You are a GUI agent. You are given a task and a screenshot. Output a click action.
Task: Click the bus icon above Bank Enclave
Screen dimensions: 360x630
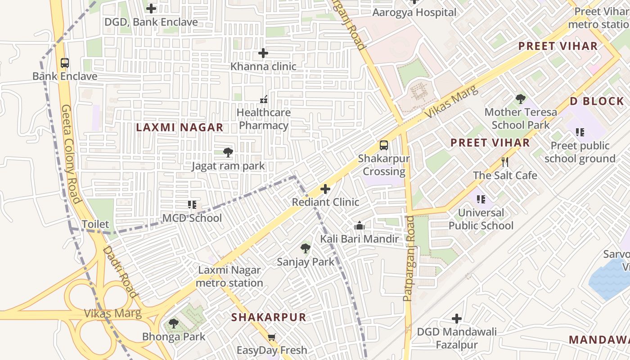click(x=65, y=63)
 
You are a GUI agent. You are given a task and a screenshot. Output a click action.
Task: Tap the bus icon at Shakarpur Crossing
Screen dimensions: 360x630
click(x=383, y=145)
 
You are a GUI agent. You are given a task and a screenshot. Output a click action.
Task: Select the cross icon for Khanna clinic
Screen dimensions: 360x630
click(x=263, y=54)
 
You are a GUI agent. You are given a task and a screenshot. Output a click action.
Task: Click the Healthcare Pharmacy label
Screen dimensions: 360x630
click(x=264, y=119)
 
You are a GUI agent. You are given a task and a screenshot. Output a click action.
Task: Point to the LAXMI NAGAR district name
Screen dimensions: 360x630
click(x=180, y=127)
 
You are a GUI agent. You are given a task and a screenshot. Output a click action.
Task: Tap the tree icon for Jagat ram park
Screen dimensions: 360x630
click(x=228, y=153)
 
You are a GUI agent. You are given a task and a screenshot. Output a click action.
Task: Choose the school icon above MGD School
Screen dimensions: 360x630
click(x=192, y=205)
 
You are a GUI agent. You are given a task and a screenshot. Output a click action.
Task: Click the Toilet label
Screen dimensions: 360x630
click(x=95, y=224)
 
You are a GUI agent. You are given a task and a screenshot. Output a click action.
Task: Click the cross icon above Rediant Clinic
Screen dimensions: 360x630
click(x=325, y=189)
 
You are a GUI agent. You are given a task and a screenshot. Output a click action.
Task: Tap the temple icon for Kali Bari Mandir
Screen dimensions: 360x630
click(x=359, y=225)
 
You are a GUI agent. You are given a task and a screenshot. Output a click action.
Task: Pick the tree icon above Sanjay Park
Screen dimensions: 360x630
click(x=306, y=248)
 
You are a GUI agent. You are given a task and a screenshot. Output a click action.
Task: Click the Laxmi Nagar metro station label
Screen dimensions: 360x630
click(x=229, y=277)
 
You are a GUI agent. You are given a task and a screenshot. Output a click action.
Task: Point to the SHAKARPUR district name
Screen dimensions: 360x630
click(x=269, y=317)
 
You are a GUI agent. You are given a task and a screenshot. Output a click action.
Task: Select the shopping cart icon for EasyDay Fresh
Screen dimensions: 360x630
click(x=272, y=337)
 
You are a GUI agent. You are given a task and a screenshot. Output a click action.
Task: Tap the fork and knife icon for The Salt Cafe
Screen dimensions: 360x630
click(x=505, y=162)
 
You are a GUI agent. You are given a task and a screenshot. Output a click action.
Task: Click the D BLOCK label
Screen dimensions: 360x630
click(x=597, y=101)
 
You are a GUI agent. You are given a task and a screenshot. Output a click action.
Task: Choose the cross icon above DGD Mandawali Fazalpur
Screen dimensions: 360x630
click(x=457, y=319)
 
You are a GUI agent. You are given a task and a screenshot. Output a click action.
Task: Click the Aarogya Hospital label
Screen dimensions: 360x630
click(x=414, y=13)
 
